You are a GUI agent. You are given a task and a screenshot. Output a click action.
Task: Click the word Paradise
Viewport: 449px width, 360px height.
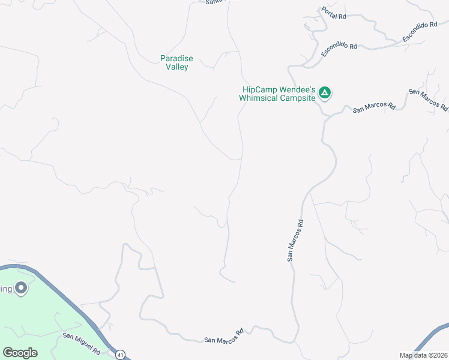pos(176,58)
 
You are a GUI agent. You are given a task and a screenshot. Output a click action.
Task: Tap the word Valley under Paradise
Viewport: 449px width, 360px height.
pos(176,67)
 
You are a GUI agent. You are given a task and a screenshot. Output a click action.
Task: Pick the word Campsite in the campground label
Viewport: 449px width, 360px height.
pos(298,98)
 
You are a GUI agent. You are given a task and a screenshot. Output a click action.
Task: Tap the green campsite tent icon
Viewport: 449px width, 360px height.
pos(325,92)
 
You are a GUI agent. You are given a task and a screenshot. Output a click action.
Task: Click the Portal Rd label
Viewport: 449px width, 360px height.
pos(334,13)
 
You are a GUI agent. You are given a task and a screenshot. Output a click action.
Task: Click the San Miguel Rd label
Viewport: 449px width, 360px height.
pos(81,339)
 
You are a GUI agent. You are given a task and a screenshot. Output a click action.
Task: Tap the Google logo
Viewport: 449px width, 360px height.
pos(20,353)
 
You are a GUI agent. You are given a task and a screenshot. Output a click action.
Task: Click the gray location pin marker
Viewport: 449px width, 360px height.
pos(21,289)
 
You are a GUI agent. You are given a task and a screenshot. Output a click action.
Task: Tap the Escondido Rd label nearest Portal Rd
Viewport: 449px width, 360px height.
pos(339,50)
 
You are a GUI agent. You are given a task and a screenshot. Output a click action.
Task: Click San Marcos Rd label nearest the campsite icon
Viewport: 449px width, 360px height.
pos(374,108)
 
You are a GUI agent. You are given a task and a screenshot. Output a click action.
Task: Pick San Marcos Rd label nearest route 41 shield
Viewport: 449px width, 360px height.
pos(223,336)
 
